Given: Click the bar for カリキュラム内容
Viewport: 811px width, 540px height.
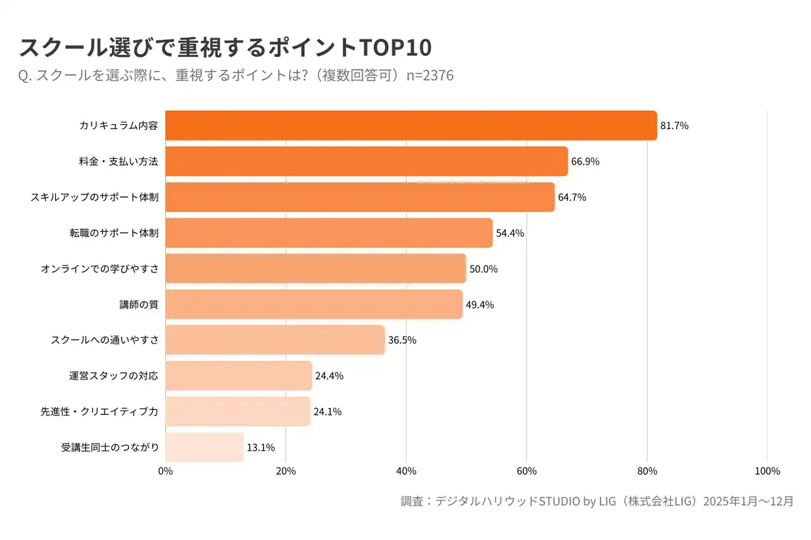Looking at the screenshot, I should pyautogui.click(x=411, y=125).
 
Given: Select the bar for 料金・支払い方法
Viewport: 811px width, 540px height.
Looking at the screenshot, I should pyautogui.click(x=366, y=161).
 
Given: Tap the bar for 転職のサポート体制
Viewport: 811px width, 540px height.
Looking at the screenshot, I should pyautogui.click(x=329, y=233).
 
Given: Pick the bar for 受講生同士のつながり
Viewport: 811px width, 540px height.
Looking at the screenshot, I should pyautogui.click(x=205, y=448).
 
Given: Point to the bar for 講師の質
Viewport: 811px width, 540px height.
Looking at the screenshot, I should pyautogui.click(x=314, y=305).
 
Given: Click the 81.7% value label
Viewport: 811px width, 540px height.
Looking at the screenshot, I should pyautogui.click(x=674, y=125).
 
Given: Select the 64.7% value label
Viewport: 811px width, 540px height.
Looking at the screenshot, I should pyautogui.click(x=572, y=197).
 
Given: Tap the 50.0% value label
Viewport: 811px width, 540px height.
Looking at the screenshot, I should pyautogui.click(x=483, y=269).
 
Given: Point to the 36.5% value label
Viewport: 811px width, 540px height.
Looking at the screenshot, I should pyautogui.click(x=402, y=340).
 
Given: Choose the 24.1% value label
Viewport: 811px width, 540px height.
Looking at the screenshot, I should pyautogui.click(x=328, y=411).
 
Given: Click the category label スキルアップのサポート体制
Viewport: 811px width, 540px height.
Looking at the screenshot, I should pyautogui.click(x=94, y=197).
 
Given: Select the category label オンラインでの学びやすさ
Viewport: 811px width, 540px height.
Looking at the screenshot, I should pyautogui.click(x=99, y=269).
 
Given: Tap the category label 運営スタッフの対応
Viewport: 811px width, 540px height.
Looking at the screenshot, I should pyautogui.click(x=114, y=376).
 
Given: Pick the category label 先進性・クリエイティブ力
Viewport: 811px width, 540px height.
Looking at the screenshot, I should pyautogui.click(x=99, y=411).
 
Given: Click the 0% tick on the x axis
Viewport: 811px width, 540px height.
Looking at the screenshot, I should pyautogui.click(x=165, y=471).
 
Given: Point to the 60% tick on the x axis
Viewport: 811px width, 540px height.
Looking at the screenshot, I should pyautogui.click(x=527, y=471).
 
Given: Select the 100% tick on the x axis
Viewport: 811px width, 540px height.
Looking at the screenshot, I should pyautogui.click(x=767, y=471).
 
